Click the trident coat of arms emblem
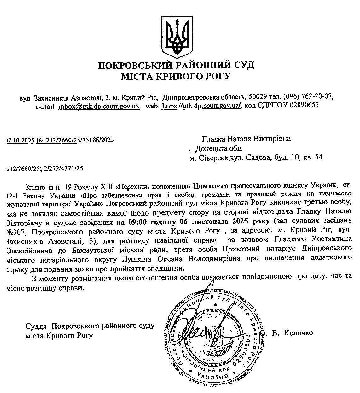[176, 36]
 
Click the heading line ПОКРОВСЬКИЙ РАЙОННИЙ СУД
[176, 66]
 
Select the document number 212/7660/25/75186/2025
[80, 140]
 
